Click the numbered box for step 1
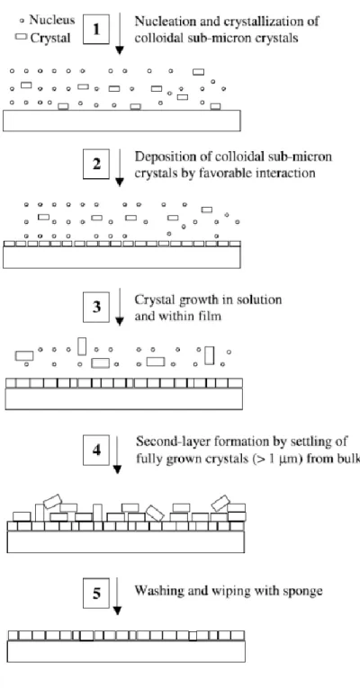pos(96,30)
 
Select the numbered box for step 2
pos(96,164)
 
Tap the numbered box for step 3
pos(96,307)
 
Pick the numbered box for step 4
pos(96,451)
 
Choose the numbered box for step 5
pos(96,594)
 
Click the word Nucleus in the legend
pos(52,20)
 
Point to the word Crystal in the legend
pos(50,38)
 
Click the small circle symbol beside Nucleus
pos(22,21)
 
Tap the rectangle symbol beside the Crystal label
pos(21,37)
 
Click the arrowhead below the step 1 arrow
pos(119,50)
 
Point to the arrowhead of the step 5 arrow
pos(117,611)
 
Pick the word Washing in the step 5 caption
pos(155,591)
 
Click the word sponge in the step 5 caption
pos(306,592)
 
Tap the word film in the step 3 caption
pos(212,316)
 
